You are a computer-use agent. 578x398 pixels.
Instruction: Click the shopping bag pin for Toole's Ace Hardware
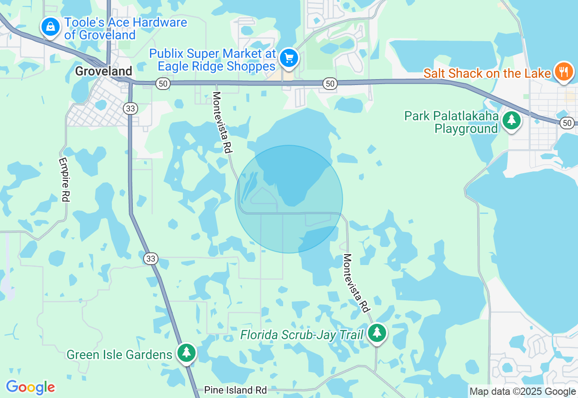pyautogui.click(x=50, y=27)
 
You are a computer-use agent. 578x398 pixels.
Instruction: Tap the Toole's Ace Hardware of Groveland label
pyautogui.click(x=125, y=28)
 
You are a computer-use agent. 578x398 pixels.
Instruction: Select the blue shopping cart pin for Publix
pyautogui.click(x=289, y=58)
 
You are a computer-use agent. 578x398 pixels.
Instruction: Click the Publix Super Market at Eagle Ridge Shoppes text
pyautogui.click(x=213, y=60)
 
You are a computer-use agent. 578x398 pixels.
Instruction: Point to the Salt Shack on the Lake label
pyautogui.click(x=487, y=73)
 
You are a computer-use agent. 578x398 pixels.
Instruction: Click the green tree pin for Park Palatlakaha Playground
pyautogui.click(x=511, y=120)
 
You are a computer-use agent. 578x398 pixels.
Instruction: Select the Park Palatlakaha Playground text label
pyautogui.click(x=452, y=123)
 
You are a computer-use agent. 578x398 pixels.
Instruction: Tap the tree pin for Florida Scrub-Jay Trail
pyautogui.click(x=377, y=333)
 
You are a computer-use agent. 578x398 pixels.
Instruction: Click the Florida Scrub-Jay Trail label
pyautogui.click(x=302, y=335)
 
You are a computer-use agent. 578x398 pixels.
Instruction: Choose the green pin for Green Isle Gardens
pyautogui.click(x=186, y=352)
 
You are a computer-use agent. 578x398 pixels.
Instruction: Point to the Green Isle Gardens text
pyautogui.click(x=119, y=355)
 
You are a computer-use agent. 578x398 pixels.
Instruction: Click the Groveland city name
pyautogui.click(x=103, y=71)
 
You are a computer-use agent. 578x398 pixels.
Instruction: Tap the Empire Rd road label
pyautogui.click(x=64, y=180)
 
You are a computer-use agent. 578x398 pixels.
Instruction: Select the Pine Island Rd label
pyautogui.click(x=235, y=390)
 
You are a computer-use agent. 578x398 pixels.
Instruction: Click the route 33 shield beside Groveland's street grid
pyautogui.click(x=130, y=108)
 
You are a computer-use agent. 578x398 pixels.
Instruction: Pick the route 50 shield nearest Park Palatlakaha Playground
pyautogui.click(x=567, y=123)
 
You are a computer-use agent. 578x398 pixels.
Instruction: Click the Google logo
pyautogui.click(x=30, y=387)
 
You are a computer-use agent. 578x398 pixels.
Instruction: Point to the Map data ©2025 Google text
pyautogui.click(x=522, y=392)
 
